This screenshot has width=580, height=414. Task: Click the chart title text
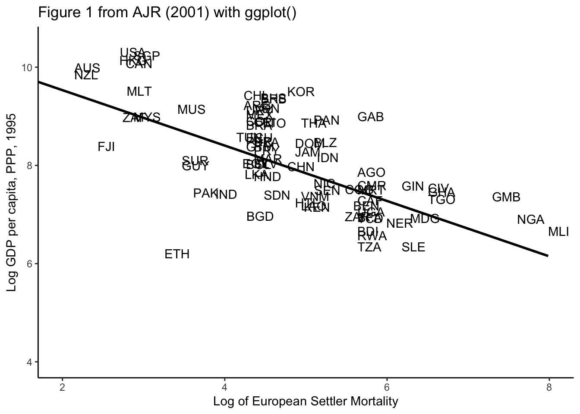click(x=167, y=13)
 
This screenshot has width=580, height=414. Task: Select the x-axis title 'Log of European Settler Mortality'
click(x=306, y=401)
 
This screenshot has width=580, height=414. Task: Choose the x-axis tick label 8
click(x=548, y=387)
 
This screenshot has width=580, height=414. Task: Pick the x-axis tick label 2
click(x=62, y=387)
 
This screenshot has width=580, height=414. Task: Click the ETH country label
click(x=177, y=254)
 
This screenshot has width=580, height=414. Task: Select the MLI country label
click(x=558, y=232)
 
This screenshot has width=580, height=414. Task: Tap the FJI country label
click(x=106, y=147)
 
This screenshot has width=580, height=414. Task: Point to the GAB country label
click(x=371, y=117)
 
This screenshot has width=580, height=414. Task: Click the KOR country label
click(x=301, y=92)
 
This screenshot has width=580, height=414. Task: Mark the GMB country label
click(x=506, y=198)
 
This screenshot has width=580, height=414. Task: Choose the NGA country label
click(x=530, y=220)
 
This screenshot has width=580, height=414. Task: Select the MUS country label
click(x=191, y=110)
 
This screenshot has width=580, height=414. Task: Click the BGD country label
click(x=260, y=216)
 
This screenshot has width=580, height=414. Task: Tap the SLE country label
click(x=413, y=247)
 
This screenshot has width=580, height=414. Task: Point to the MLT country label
click(x=139, y=91)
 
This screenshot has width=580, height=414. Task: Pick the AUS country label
click(x=87, y=68)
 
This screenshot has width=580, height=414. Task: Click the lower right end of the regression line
click(x=548, y=256)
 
